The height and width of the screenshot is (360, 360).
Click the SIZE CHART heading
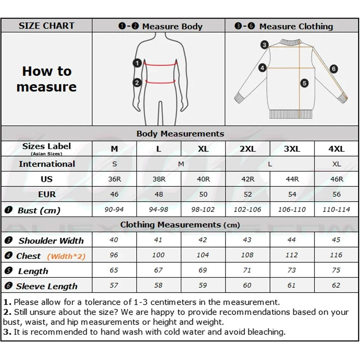pyautogui.click(x=46, y=26)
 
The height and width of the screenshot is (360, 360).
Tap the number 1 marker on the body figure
pyautogui.click(x=137, y=63)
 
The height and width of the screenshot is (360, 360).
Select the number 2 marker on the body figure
pyautogui.click(x=137, y=82)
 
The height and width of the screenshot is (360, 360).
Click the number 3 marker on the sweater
pyautogui.click(x=265, y=45)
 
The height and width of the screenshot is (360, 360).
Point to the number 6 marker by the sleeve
pyautogui.click(x=333, y=69)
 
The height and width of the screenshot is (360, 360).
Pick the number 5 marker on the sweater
pyautogui.click(x=305, y=83)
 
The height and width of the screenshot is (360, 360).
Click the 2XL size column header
pyautogui.click(x=247, y=149)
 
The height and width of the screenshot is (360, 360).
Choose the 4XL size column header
pyautogui.click(x=336, y=149)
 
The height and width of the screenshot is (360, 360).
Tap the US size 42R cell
pyautogui.click(x=247, y=179)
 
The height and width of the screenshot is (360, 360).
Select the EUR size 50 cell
pyautogui.click(x=203, y=194)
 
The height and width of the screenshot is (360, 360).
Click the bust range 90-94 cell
pyautogui.click(x=114, y=210)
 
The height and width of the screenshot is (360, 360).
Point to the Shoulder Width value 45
pyautogui.click(x=336, y=240)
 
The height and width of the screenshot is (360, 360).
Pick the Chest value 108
pyautogui.click(x=247, y=255)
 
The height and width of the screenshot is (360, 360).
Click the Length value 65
pyautogui.click(x=114, y=270)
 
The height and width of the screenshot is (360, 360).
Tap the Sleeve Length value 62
pyautogui.click(x=336, y=286)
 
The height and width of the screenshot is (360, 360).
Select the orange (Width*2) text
pyautogui.click(x=66, y=256)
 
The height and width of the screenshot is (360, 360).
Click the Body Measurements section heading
pyautogui.click(x=180, y=134)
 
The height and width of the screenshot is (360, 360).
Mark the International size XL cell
pyautogui.click(x=336, y=164)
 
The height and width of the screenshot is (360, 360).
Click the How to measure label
pyautogui.click(x=46, y=79)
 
